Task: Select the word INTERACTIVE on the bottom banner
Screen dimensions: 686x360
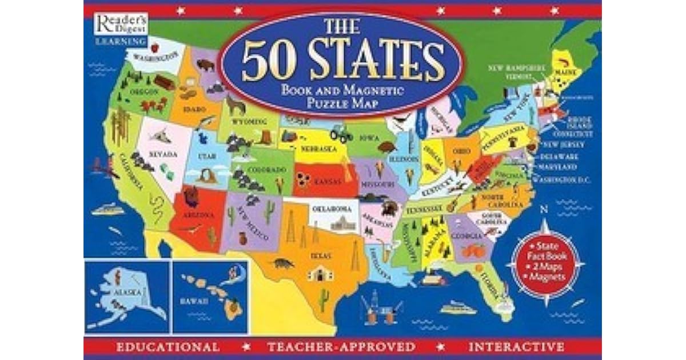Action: pyautogui.click(x=516, y=347)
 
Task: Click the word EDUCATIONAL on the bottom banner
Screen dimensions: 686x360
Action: pyautogui.click(x=167, y=347)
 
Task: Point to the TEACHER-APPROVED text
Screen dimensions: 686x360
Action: pyautogui.click(x=341, y=347)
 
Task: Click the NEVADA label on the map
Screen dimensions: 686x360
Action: pyautogui.click(x=163, y=155)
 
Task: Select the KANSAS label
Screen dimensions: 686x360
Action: pyautogui.click(x=327, y=181)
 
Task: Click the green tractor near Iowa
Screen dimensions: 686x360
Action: pyautogui.click(x=341, y=133)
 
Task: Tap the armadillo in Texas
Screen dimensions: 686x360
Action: pyautogui.click(x=282, y=263)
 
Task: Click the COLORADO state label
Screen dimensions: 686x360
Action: pyautogui.click(x=266, y=170)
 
